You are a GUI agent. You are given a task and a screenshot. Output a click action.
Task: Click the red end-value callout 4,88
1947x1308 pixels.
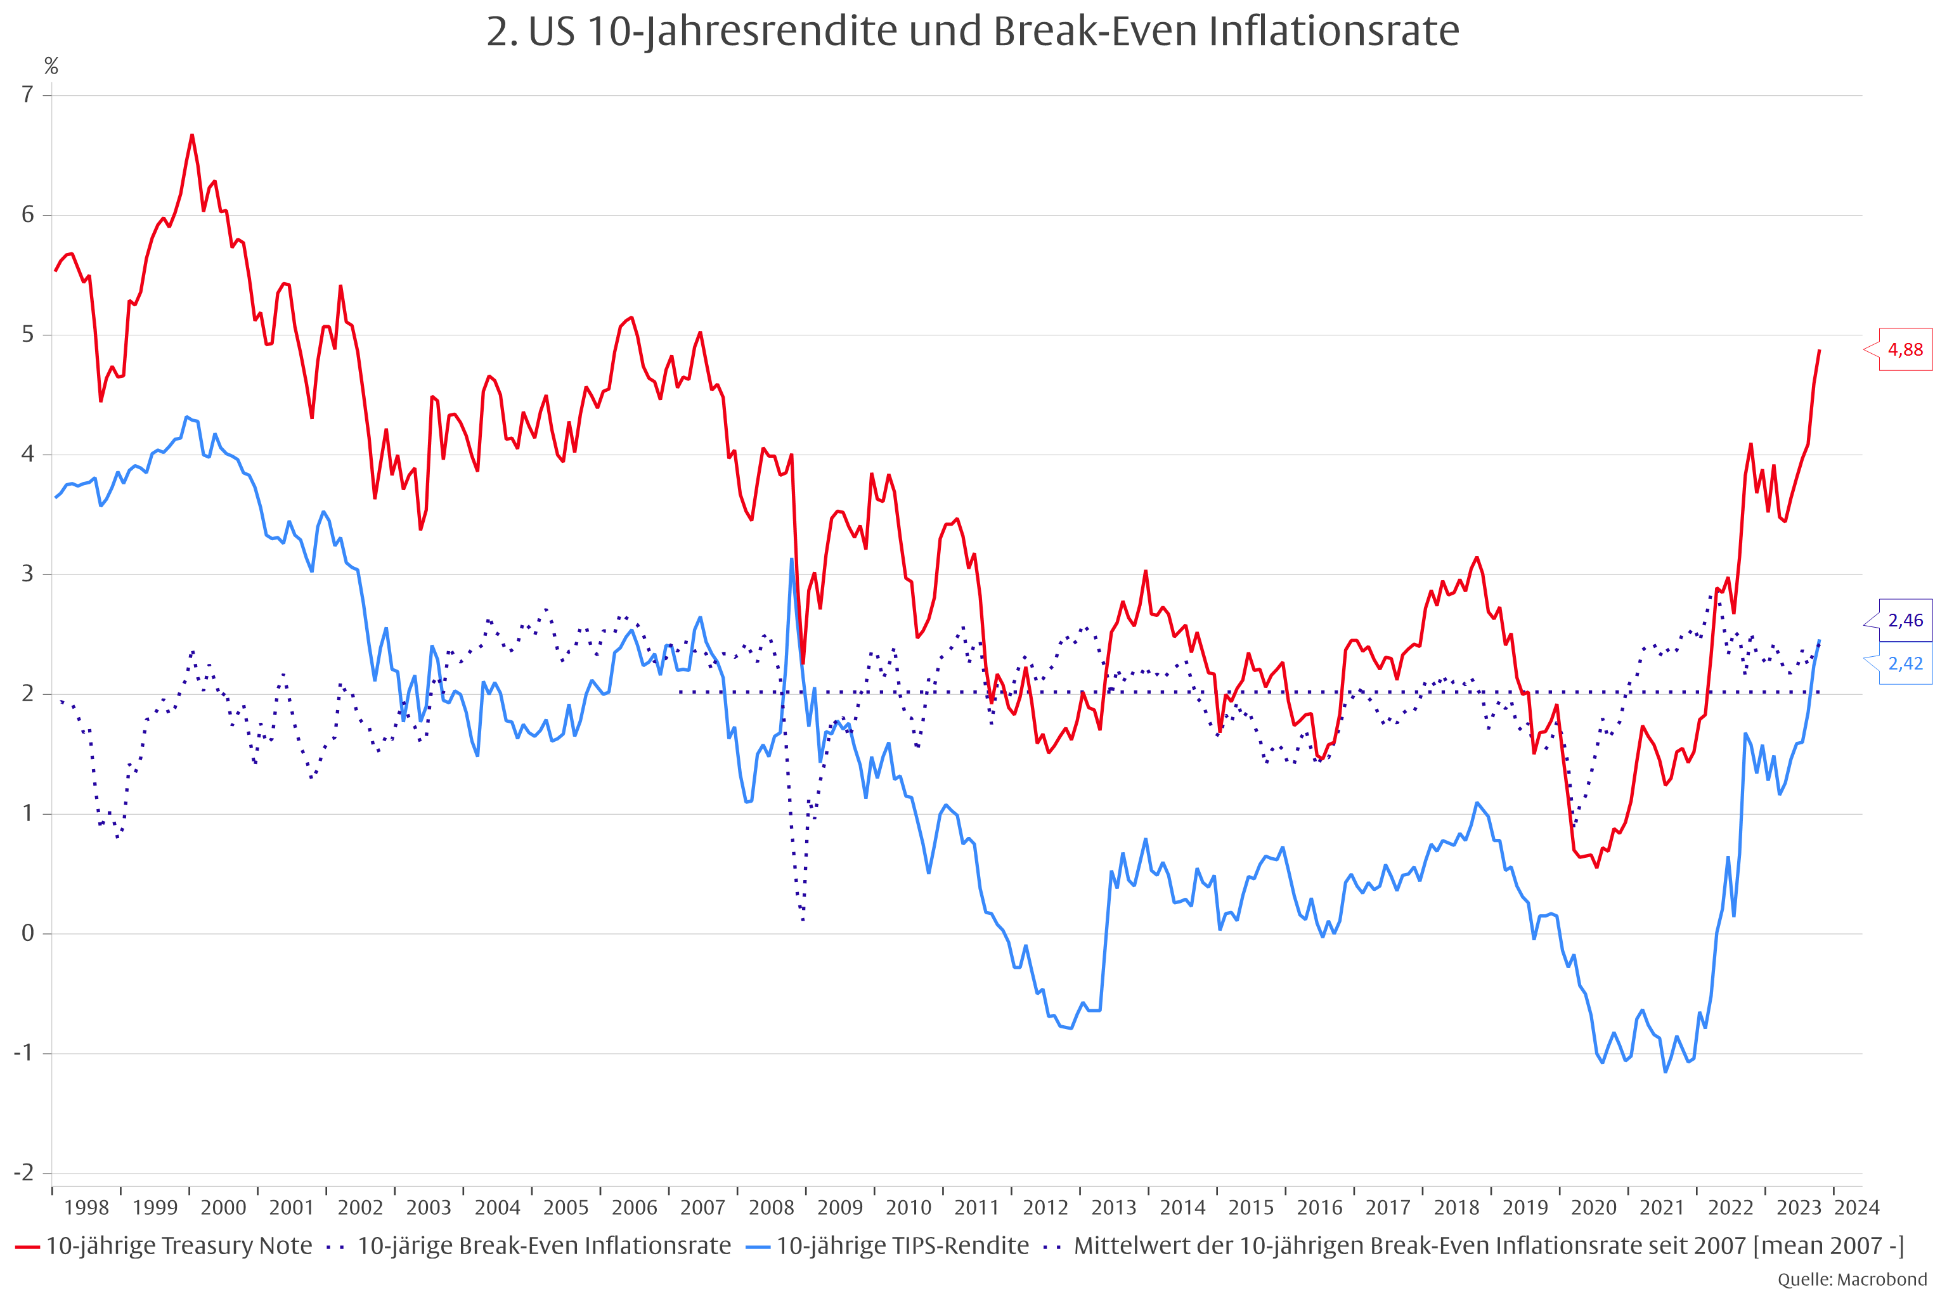click(1905, 349)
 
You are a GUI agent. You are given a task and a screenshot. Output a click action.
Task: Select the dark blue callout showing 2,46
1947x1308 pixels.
click(1905, 620)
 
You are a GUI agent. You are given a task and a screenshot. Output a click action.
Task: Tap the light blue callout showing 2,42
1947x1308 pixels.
click(1905, 664)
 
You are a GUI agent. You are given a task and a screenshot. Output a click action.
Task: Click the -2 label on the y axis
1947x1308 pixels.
click(23, 1173)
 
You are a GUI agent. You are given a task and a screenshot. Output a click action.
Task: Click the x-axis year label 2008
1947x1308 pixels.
click(772, 1208)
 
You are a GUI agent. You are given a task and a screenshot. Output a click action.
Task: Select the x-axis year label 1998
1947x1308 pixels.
click(87, 1208)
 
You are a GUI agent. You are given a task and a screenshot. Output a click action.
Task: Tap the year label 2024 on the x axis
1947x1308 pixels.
click(1857, 1208)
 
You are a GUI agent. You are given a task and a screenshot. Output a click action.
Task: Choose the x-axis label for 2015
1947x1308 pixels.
click(1252, 1208)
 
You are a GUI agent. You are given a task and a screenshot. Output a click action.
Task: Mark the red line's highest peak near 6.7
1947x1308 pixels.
click(192, 135)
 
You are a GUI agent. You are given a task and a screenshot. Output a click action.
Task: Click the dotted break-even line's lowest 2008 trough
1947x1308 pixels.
click(803, 920)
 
